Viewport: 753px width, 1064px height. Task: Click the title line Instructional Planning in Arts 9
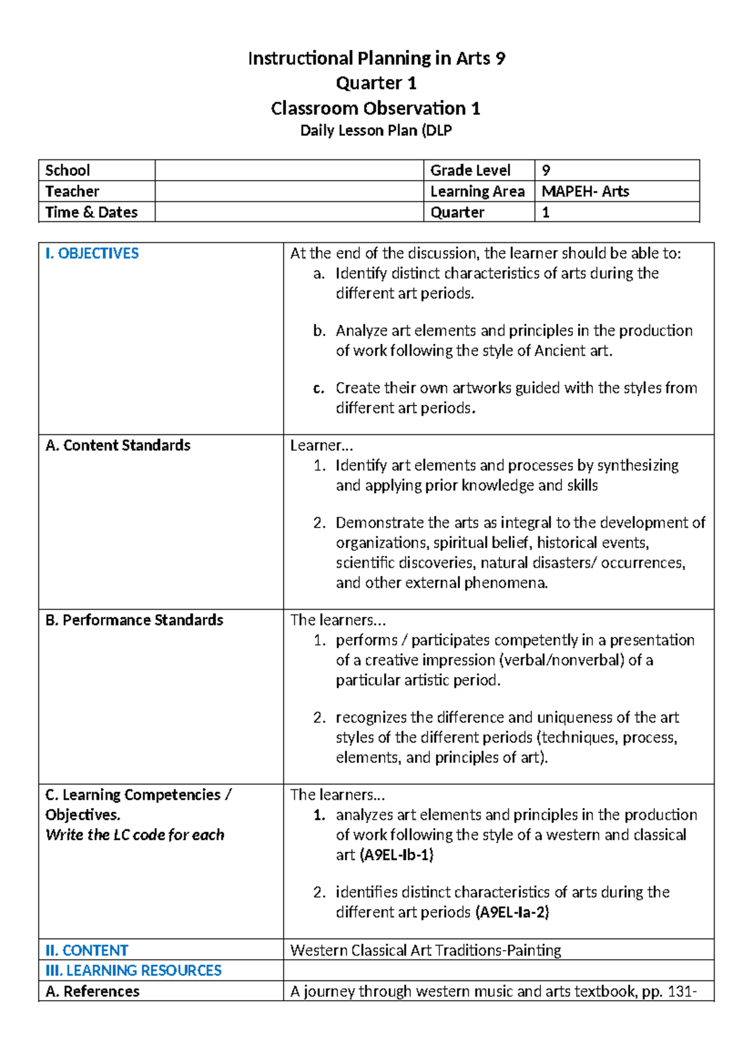tap(376, 58)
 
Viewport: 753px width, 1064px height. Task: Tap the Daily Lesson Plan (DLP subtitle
tap(376, 130)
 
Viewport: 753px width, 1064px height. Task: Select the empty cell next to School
tap(289, 170)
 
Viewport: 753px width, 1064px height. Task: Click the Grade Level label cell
tap(470, 170)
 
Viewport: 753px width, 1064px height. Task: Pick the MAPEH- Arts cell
tap(585, 191)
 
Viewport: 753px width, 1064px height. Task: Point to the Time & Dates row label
tap(92, 212)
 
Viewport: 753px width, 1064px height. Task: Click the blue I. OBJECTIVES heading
tap(92, 253)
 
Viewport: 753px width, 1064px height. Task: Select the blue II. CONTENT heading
tap(87, 950)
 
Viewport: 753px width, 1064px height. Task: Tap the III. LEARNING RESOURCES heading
tap(134, 971)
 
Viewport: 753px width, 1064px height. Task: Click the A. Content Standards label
tap(118, 445)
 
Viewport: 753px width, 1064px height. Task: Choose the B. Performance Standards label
tap(134, 620)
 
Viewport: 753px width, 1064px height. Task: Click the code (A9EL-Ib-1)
tap(397, 855)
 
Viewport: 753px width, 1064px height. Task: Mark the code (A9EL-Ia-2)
tap(512, 912)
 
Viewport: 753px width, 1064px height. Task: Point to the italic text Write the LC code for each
tap(135, 835)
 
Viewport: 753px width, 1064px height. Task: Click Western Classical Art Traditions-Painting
tap(425, 950)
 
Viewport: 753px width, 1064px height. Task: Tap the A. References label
tap(93, 991)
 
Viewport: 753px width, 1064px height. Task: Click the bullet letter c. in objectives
tap(319, 388)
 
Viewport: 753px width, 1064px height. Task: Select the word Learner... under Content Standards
tap(321, 445)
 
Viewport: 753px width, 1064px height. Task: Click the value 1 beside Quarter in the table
tap(546, 212)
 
